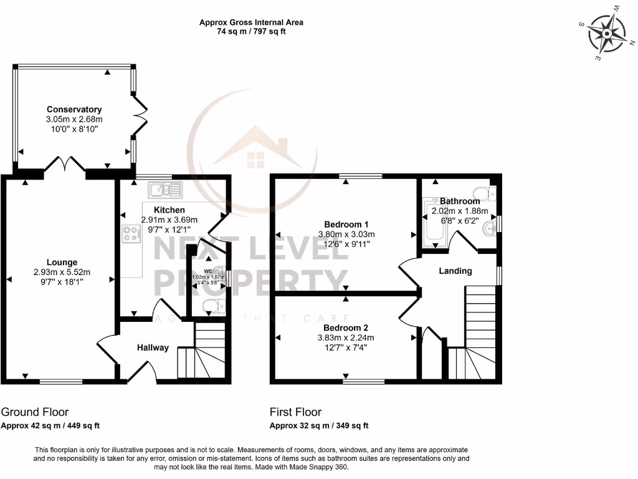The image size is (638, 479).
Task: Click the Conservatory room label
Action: (x=74, y=109)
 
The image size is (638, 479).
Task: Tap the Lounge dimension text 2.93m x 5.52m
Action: (x=62, y=272)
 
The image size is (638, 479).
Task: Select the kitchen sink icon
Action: (x=164, y=189)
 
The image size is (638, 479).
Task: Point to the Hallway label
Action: (x=153, y=347)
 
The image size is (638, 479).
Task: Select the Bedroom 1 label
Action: (x=346, y=225)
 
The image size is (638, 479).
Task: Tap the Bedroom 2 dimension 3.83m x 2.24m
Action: (x=346, y=338)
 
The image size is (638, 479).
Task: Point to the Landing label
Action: (x=455, y=271)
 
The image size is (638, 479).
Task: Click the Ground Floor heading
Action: (x=35, y=412)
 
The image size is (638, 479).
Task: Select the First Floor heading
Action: (x=295, y=412)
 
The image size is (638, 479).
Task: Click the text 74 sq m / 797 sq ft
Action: (x=251, y=32)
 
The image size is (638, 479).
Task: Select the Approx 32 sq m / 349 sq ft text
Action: (x=319, y=426)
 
